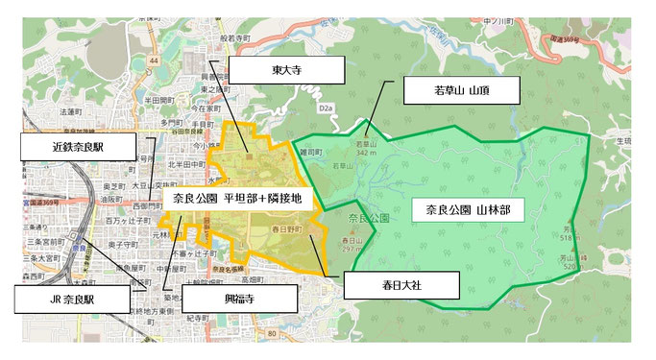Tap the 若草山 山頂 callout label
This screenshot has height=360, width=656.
462,91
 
